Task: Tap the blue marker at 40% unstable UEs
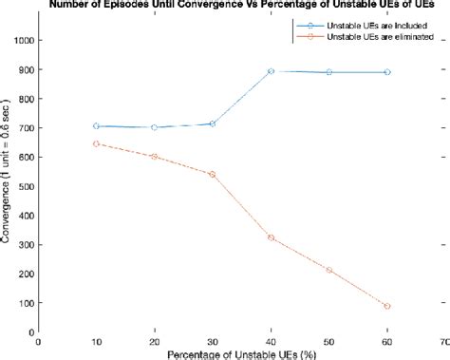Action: (271, 71)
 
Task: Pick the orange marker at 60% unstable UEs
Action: (386, 306)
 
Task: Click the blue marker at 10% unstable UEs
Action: (97, 125)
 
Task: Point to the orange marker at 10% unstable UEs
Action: (97, 143)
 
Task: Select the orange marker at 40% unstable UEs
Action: (271, 237)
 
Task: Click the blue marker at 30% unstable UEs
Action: (213, 123)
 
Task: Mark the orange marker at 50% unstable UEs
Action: (328, 270)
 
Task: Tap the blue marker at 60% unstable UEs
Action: (386, 72)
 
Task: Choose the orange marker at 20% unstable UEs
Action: (155, 157)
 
